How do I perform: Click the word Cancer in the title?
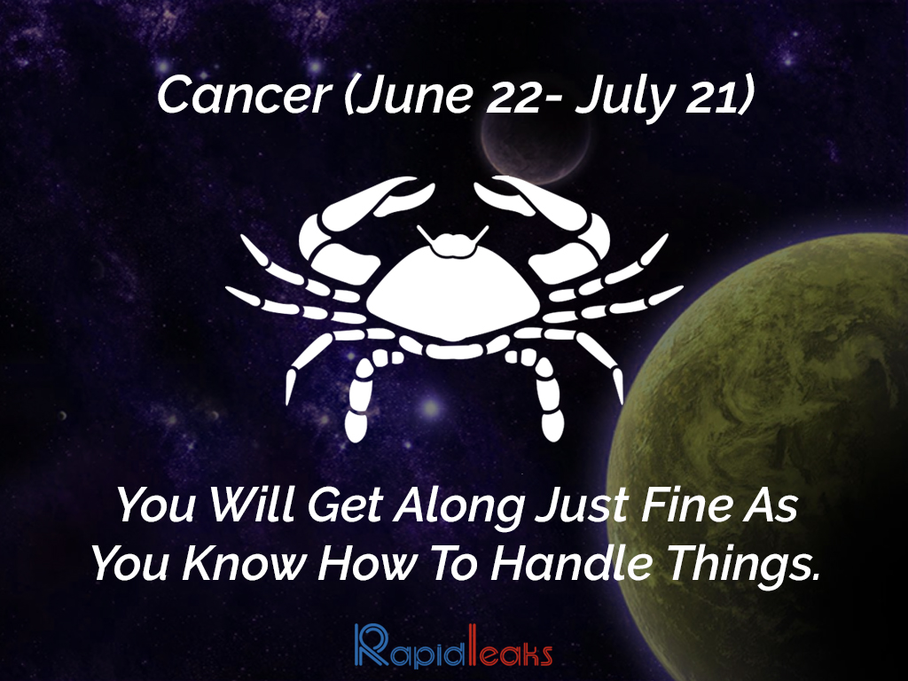244,96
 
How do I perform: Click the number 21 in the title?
712,96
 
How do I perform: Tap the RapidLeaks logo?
453,646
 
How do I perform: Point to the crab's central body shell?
453,294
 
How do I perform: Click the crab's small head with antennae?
453,242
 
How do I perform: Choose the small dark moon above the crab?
534,145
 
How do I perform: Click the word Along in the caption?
459,506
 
